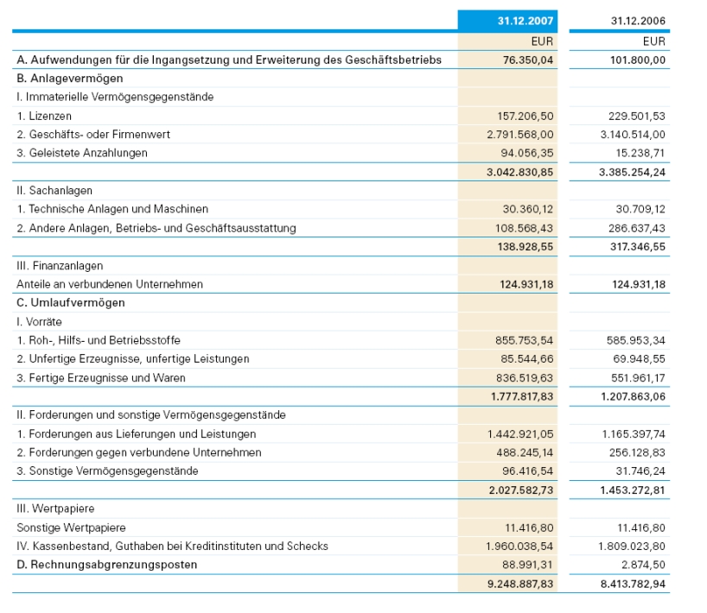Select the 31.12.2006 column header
tap(638, 21)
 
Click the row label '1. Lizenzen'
tap(44, 116)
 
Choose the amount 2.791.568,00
tap(520, 134)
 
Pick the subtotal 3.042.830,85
tap(520, 172)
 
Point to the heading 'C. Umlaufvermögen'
tap(70, 302)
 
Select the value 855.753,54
tap(525, 340)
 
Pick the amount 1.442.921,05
tap(520, 433)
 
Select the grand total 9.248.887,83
tap(520, 584)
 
